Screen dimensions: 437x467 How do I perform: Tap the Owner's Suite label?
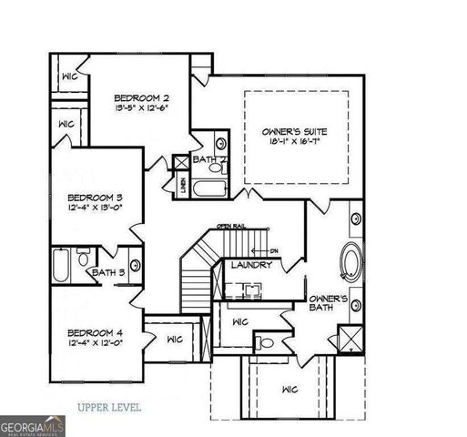coord(294,131)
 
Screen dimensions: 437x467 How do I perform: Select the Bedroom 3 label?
coord(95,198)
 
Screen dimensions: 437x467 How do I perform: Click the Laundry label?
coord(250,265)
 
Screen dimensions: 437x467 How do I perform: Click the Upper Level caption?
coord(109,407)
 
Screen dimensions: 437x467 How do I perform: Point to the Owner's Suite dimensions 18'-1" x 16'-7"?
coord(294,142)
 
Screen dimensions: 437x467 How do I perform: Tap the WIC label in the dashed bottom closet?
coord(290,389)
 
